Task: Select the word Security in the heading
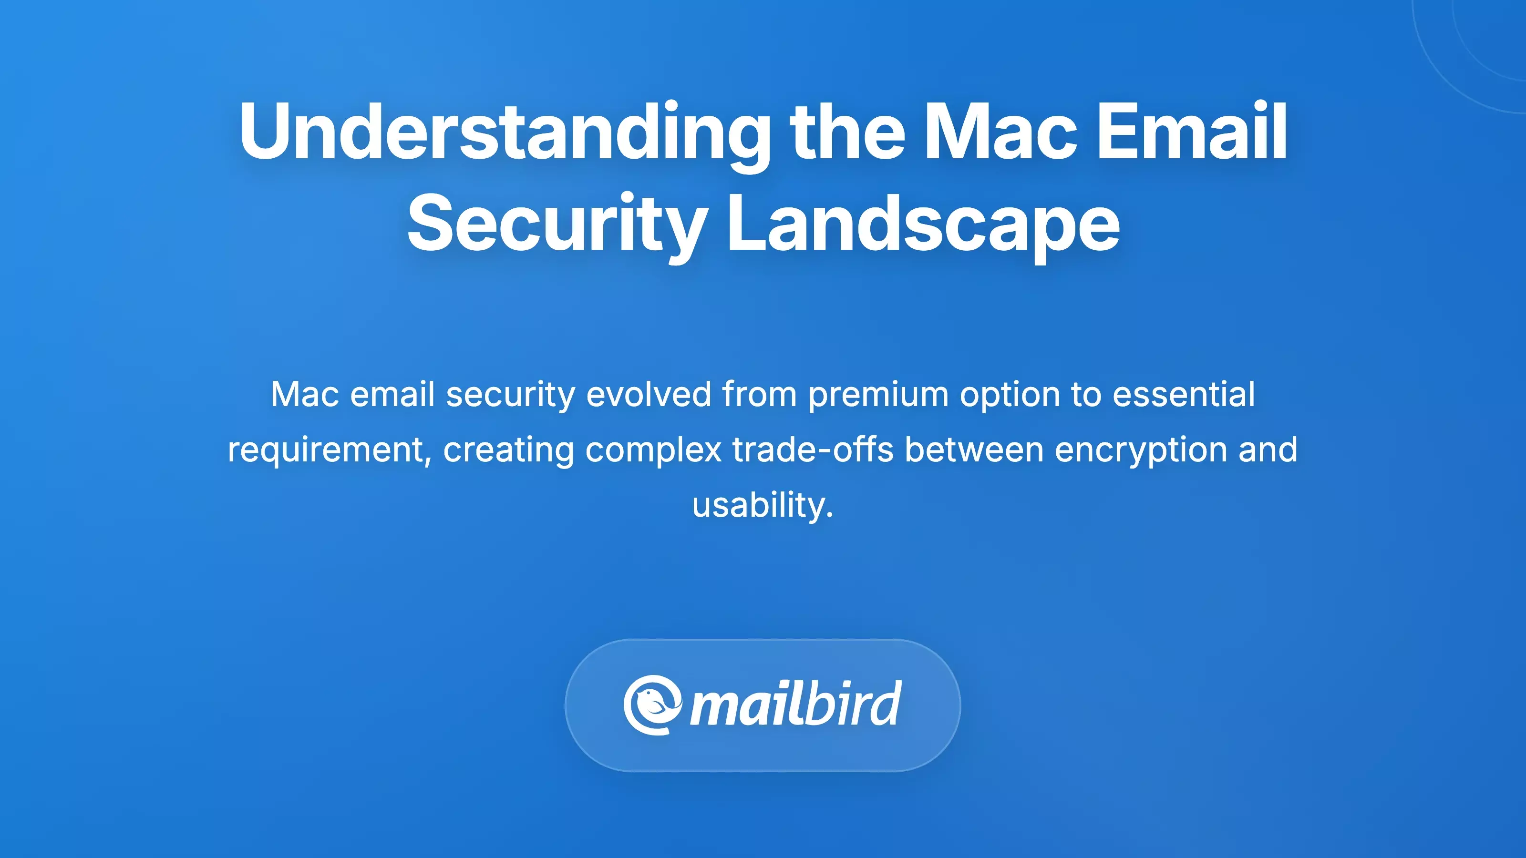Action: coord(557,224)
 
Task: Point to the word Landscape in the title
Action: coord(923,224)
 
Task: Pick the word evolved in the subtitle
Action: coord(648,394)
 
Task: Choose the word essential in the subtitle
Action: coord(1184,394)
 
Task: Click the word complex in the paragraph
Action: coord(653,450)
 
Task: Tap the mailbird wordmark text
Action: coord(795,705)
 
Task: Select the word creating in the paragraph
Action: coord(508,450)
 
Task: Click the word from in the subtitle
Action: coord(760,394)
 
